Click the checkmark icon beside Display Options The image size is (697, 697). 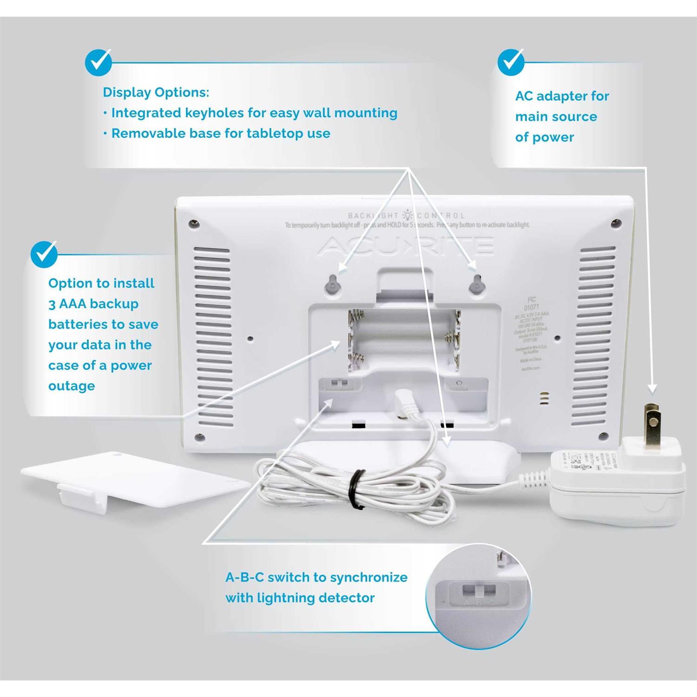99,62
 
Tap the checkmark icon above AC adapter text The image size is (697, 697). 511,62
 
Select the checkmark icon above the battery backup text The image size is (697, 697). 44,254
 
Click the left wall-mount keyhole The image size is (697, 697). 333,284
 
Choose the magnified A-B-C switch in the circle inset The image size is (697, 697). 479,592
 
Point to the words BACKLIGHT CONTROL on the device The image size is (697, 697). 406,215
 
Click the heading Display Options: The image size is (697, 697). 156,92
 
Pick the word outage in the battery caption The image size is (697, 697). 72,386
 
